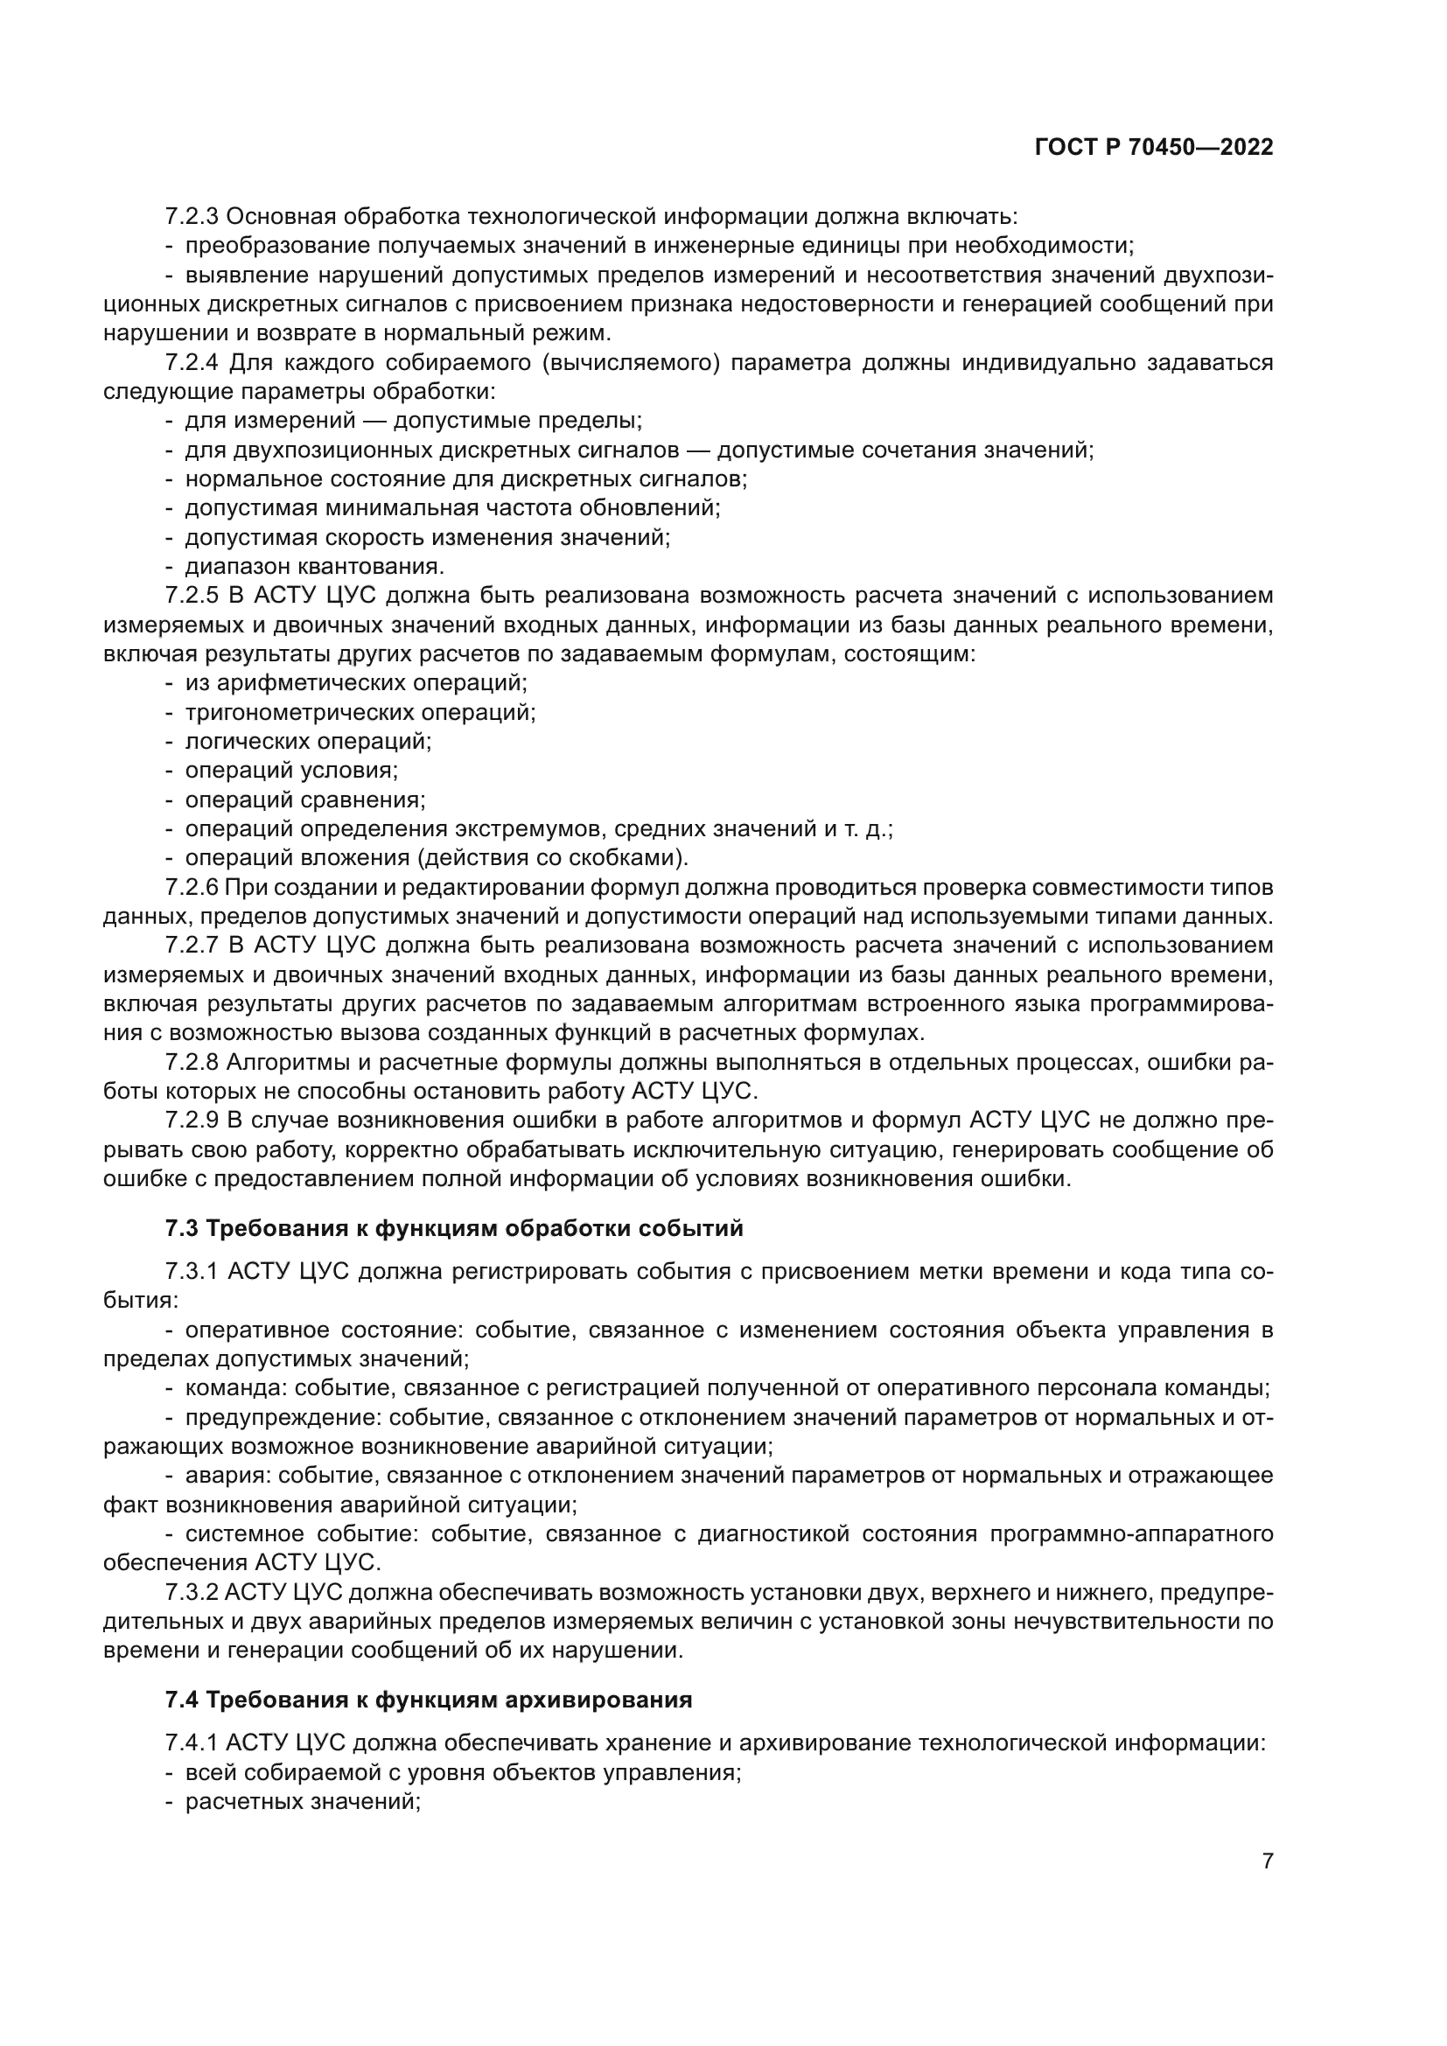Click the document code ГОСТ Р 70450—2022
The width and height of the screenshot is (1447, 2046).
click(x=1154, y=148)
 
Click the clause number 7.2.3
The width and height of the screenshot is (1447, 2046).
click(x=192, y=217)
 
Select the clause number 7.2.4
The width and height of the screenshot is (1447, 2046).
click(x=192, y=363)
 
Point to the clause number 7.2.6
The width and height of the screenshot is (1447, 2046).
click(x=192, y=888)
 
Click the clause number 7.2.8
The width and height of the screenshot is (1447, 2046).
click(x=192, y=1062)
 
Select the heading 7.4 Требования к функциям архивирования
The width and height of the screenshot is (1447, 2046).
click(x=429, y=1700)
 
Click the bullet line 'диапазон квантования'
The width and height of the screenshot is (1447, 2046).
click(x=314, y=567)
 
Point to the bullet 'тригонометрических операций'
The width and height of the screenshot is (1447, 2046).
click(x=360, y=713)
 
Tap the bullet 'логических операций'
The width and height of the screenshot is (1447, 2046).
click(x=307, y=742)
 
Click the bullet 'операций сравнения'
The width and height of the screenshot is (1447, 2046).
click(x=304, y=800)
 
